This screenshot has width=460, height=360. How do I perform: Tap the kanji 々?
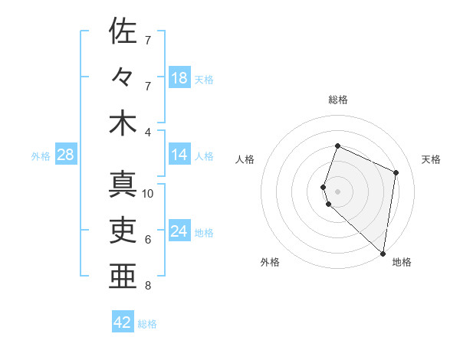click(x=123, y=77)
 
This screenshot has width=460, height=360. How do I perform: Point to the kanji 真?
click(x=123, y=184)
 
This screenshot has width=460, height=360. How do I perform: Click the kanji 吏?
click(x=123, y=230)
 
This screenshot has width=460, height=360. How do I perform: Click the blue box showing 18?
click(x=179, y=77)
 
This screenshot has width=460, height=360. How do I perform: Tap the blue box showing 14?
click(x=179, y=155)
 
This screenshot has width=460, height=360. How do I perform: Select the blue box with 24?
click(x=179, y=231)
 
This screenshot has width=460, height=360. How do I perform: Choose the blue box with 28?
click(x=66, y=155)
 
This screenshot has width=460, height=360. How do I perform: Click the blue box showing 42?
click(x=123, y=322)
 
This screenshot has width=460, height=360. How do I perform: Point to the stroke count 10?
click(x=148, y=194)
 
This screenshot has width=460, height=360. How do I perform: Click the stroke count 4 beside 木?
click(x=148, y=132)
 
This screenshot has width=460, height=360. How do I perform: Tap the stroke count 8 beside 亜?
click(x=148, y=286)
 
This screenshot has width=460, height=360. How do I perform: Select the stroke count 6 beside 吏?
click(x=148, y=240)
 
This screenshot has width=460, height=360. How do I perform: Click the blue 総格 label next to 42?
click(x=147, y=323)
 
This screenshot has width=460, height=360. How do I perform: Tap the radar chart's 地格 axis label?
click(x=402, y=262)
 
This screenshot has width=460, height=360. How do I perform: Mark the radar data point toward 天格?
click(x=396, y=172)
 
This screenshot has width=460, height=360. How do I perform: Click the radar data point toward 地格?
click(x=383, y=254)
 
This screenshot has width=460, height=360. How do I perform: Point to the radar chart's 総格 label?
click(x=338, y=100)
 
